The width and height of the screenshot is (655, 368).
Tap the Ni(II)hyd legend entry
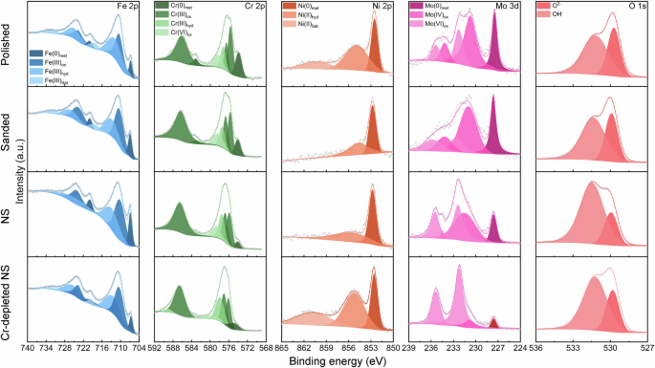[314, 15]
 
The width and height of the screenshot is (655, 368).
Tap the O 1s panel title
[632, 8]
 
